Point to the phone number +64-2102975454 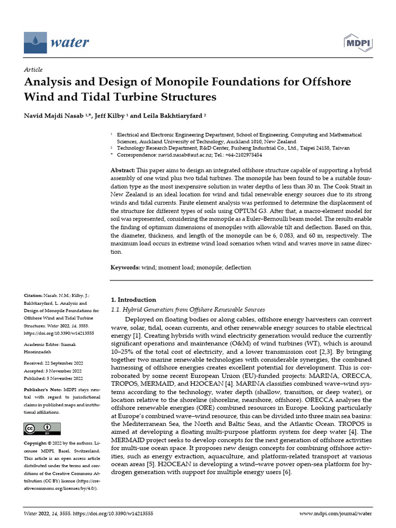[x=244, y=155]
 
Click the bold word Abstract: [x=123, y=170]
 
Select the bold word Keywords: [x=126, y=268]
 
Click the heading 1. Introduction [x=134, y=300]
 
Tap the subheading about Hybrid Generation [x=188, y=309]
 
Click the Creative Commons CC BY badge [x=42, y=428]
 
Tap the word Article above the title [x=34, y=70]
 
